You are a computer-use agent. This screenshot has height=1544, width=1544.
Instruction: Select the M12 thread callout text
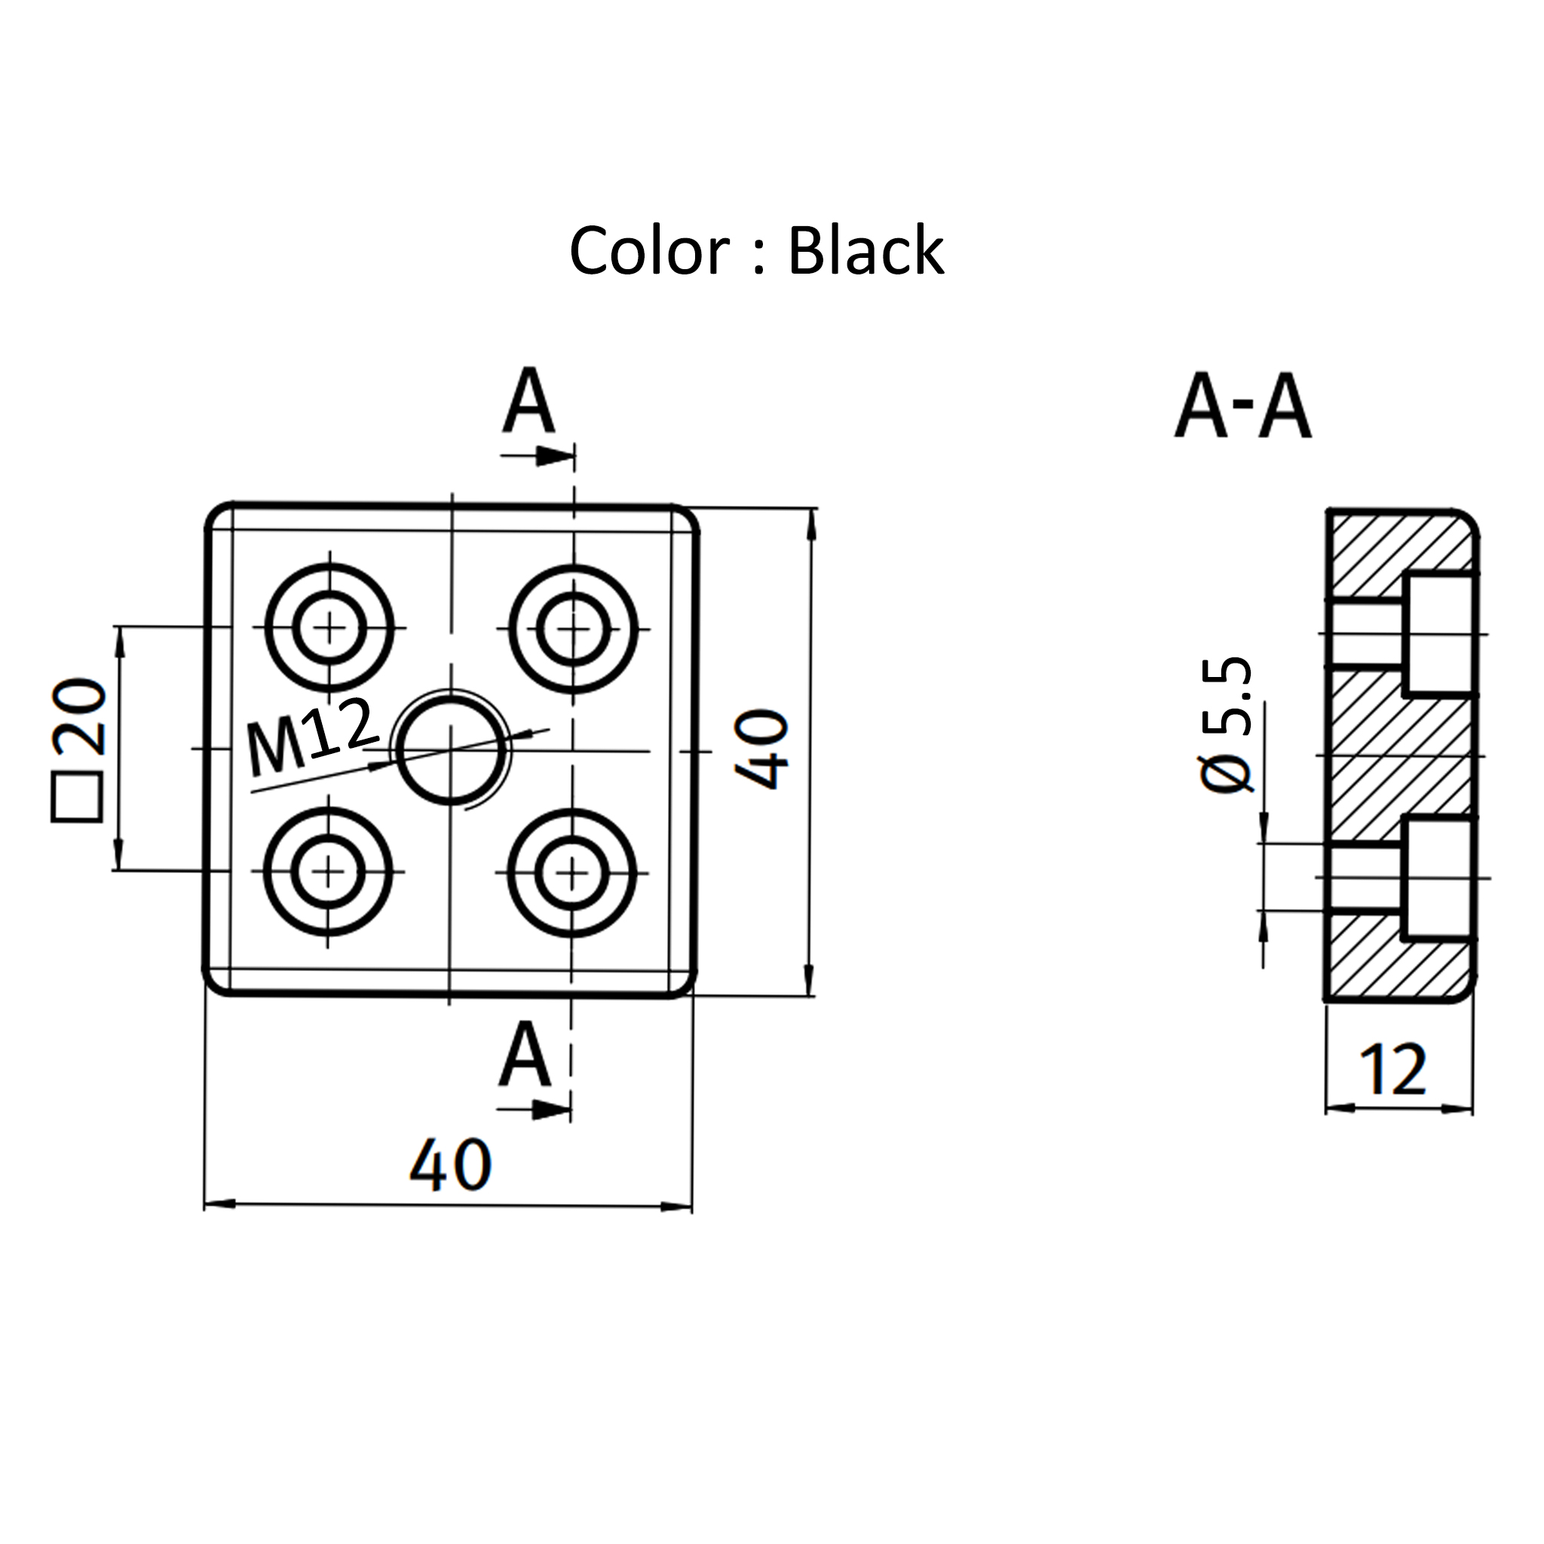311,736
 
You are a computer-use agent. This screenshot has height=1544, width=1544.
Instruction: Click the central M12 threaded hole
452,749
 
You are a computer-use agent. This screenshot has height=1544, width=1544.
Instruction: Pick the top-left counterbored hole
329,628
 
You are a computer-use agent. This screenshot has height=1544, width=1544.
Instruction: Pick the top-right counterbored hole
573,628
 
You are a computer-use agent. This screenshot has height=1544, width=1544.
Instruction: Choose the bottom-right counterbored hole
571,872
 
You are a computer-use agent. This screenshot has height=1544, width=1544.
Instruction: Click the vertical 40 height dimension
761,749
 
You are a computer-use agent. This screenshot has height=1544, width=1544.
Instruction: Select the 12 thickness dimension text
1392,1070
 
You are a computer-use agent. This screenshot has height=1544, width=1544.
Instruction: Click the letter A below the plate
525,1055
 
